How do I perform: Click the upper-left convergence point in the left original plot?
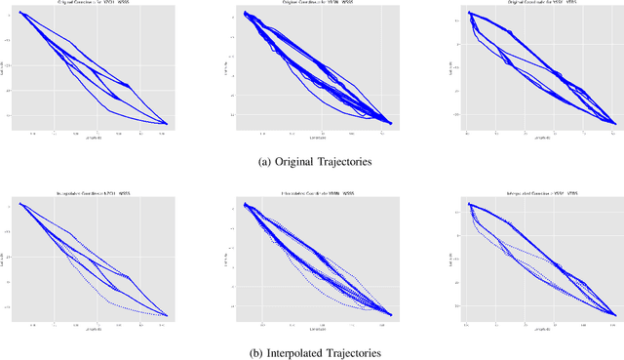pyautogui.click(x=20, y=13)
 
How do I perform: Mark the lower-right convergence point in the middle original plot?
pyautogui.click(x=392, y=123)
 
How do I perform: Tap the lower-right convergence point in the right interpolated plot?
pyautogui.click(x=614, y=314)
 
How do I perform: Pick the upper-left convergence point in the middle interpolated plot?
pyautogui.click(x=245, y=205)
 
